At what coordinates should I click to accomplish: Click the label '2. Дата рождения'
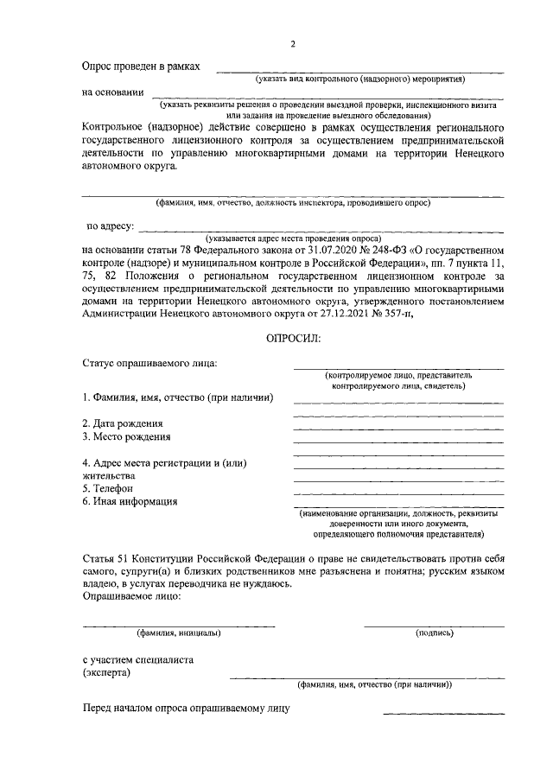click(x=123, y=423)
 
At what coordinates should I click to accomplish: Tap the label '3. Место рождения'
click(x=126, y=436)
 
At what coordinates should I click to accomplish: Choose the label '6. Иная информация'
click(x=130, y=501)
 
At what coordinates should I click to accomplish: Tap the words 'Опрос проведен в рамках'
click(x=141, y=66)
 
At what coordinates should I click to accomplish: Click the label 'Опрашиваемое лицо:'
click(x=130, y=596)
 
